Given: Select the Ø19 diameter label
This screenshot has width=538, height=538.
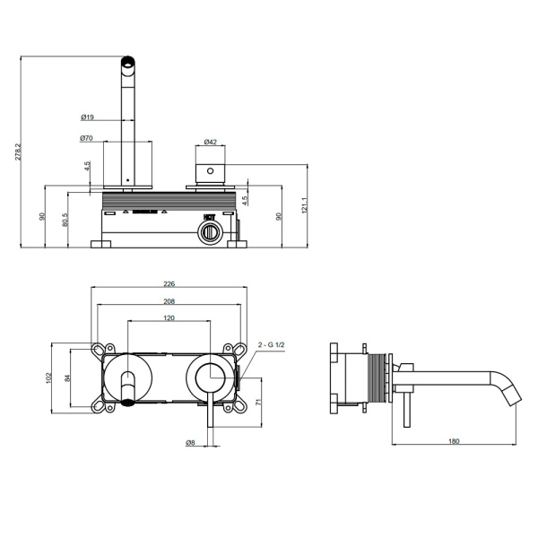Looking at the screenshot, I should (87, 117).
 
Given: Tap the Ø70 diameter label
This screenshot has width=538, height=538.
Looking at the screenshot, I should (87, 138).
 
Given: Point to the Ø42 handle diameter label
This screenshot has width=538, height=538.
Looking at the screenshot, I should (210, 142).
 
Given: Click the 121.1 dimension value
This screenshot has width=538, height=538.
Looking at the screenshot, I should (305, 207).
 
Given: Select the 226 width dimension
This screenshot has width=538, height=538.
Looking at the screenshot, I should (169, 284).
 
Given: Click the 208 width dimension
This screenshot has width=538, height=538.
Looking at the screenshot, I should (169, 301).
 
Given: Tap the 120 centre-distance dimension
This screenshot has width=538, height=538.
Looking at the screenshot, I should (169, 318).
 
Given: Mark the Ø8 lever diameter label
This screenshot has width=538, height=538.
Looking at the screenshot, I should (191, 442).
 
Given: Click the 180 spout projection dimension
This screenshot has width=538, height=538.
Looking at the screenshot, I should (455, 442).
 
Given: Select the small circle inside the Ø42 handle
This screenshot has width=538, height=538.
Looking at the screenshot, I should (210, 169).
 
